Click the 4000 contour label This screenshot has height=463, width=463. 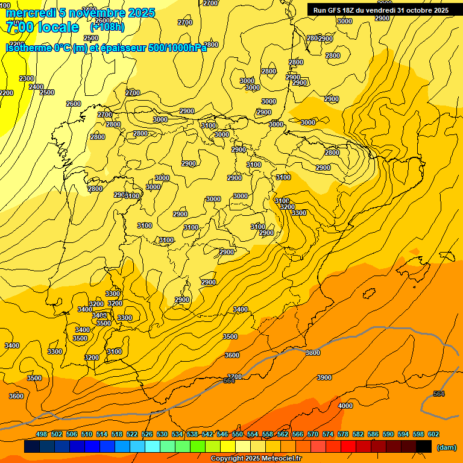tap(345, 406)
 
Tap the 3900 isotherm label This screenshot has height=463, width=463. tap(324, 377)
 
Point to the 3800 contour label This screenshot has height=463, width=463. tap(312, 353)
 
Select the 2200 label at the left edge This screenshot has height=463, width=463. tap(6, 93)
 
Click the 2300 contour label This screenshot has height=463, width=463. tap(27, 78)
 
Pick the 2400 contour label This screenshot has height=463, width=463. tap(36, 87)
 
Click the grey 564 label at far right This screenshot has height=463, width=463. tap(439, 394)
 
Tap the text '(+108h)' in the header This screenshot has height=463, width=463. tap(107, 27)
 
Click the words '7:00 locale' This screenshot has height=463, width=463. tap(42, 27)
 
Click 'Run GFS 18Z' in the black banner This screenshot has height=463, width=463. tap(335, 10)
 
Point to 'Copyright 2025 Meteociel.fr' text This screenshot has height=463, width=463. tap(256, 458)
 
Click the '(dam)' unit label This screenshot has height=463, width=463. tap(446, 447)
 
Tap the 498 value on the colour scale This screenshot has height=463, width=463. tap(42, 434)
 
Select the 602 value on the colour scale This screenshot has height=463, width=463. tap(433, 434)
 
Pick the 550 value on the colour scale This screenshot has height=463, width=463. tap(238, 434)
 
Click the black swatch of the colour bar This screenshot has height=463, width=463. tap(424, 447)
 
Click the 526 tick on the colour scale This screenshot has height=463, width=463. tap(147, 434)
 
